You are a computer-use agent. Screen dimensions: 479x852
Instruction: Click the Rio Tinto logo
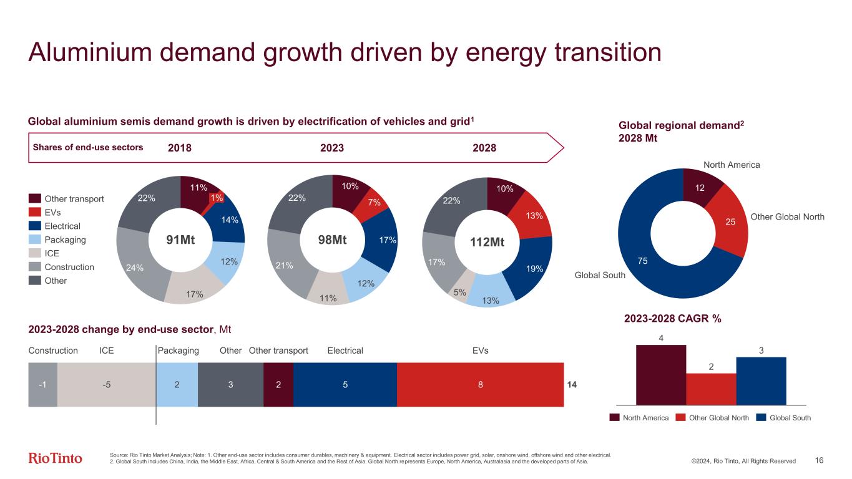coord(56,458)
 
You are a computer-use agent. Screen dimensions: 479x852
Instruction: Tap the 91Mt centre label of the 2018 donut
coord(180,240)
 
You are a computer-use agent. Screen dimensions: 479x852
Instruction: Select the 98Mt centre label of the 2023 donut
coord(332,240)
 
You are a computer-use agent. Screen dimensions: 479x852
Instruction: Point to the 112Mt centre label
coord(487,242)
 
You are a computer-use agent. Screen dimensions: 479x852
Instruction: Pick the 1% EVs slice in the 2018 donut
coord(217,198)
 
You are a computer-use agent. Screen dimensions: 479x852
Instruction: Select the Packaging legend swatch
coord(34,240)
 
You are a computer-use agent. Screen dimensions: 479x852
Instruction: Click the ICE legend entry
coord(52,253)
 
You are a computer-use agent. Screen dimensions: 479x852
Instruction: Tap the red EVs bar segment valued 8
coord(480,385)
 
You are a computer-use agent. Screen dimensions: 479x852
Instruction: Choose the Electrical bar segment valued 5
coord(345,385)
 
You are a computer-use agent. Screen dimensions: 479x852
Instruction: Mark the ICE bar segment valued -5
coord(107,385)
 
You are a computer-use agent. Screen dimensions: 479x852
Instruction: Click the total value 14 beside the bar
coord(571,385)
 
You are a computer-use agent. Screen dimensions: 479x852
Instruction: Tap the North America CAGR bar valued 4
coord(660,374)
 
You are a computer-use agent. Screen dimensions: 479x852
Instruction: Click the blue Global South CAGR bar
coord(761,380)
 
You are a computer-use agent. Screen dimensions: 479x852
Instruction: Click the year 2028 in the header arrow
coord(484,148)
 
